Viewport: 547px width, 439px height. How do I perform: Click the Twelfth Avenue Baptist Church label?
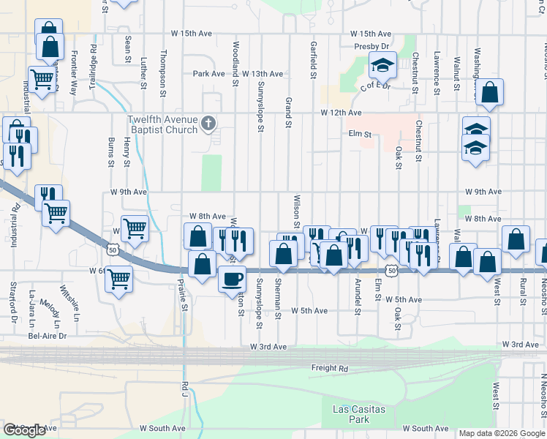[x=162, y=124]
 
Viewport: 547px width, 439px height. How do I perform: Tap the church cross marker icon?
[x=208, y=122]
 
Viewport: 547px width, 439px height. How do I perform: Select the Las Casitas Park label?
[x=358, y=414]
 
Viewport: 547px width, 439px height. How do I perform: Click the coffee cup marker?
[x=233, y=279]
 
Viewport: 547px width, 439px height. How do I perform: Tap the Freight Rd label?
[x=329, y=368]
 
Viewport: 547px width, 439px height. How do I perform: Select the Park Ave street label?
[x=208, y=74]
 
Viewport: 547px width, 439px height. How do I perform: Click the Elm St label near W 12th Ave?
[x=361, y=135]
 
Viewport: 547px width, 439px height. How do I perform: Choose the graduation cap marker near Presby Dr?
[x=382, y=65]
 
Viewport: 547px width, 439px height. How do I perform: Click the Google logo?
[x=24, y=430]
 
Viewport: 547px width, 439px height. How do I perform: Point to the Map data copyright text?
[x=502, y=433]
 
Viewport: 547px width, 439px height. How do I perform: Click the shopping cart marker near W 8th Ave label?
[x=135, y=229]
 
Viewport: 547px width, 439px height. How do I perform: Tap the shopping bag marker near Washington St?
[x=490, y=92]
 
